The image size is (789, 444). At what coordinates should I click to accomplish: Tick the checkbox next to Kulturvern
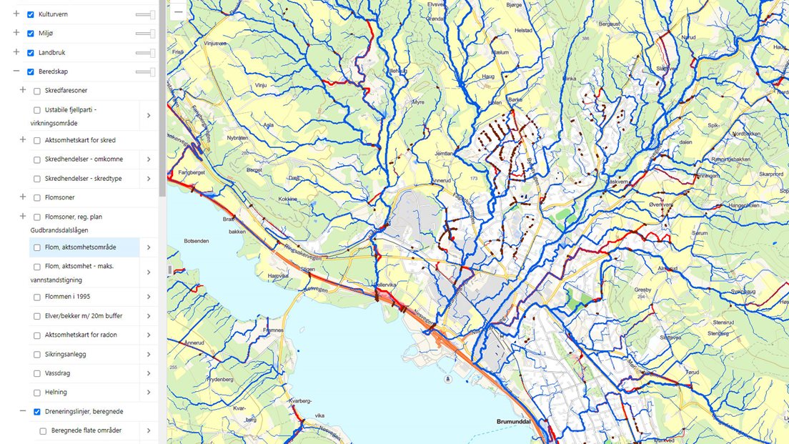[x=31, y=14]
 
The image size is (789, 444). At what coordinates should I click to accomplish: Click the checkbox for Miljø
[x=31, y=34]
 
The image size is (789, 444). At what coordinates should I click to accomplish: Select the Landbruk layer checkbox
[x=31, y=53]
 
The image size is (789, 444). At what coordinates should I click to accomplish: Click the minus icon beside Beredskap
[x=16, y=71]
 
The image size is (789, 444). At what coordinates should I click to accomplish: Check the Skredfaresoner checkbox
[x=37, y=91]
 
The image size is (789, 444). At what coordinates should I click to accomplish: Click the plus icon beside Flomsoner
[x=23, y=197]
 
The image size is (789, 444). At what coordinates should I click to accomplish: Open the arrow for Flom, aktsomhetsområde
[x=149, y=247]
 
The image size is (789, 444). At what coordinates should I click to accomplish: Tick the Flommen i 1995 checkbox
[x=37, y=297]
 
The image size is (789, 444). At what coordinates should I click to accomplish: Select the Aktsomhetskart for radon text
[x=81, y=335]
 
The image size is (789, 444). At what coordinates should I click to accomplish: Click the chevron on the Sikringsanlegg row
[x=149, y=354]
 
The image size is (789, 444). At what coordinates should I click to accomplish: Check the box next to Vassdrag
[x=37, y=373]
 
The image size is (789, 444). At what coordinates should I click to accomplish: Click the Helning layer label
[x=56, y=393]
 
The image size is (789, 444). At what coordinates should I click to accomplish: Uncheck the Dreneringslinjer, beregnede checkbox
[x=37, y=412]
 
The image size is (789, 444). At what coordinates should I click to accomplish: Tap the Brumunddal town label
[x=517, y=422]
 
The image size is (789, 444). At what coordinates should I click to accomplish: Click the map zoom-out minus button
[x=178, y=11]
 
